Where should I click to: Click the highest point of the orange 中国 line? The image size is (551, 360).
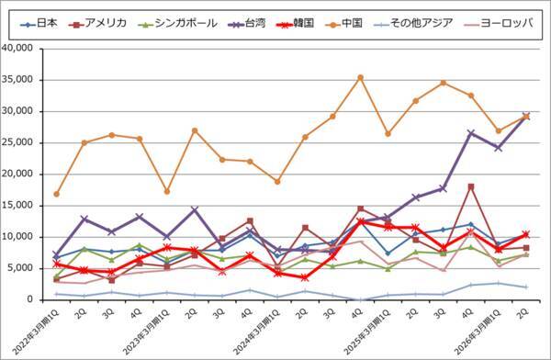(360, 77)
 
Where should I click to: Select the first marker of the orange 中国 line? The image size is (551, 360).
(57, 194)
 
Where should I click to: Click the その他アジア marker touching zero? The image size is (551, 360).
(360, 299)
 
